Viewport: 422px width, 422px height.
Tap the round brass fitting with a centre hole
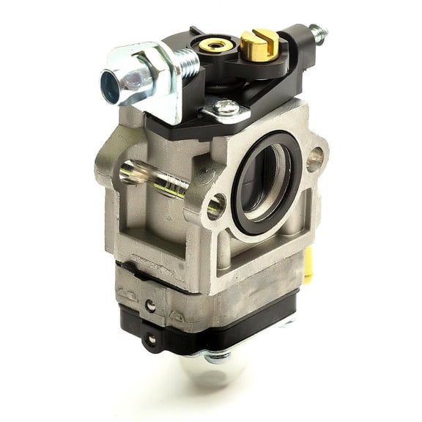(x=217, y=45)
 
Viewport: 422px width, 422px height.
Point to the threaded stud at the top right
(x=318, y=34)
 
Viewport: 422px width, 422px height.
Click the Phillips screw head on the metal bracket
(x=227, y=108)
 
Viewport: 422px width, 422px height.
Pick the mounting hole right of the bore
(x=316, y=158)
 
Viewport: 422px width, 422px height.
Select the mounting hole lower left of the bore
(x=216, y=206)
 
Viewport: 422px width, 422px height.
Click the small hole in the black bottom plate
(x=151, y=339)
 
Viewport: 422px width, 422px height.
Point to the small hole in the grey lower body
(x=150, y=306)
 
